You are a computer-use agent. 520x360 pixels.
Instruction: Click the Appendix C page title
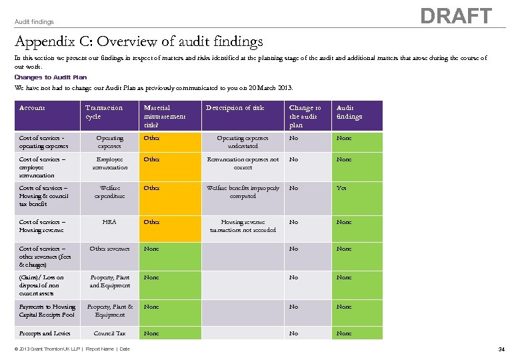click(139, 42)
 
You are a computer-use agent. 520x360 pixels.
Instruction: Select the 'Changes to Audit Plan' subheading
click(51, 77)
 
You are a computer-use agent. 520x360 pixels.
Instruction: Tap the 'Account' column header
click(32, 108)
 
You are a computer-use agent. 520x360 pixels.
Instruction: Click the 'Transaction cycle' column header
click(104, 112)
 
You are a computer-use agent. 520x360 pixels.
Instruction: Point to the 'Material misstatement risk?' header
click(165, 116)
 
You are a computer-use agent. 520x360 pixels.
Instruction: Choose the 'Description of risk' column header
click(235, 108)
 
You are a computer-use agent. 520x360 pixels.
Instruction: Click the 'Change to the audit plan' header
click(305, 116)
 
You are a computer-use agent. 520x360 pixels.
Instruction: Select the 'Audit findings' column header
click(349, 112)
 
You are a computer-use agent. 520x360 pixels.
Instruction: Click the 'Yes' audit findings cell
click(341, 188)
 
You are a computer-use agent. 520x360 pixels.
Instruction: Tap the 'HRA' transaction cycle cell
click(109, 222)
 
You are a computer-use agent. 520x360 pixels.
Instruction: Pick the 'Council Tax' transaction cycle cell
click(109, 333)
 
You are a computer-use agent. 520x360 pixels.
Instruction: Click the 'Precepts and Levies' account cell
click(45, 333)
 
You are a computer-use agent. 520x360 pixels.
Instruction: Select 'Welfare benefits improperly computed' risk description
click(243, 192)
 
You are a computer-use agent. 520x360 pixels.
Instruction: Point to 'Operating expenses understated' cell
click(243, 142)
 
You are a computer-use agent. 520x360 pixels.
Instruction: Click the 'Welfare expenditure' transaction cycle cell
click(109, 192)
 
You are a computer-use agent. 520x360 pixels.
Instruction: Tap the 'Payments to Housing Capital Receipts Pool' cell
click(47, 311)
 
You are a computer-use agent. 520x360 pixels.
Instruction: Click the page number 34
click(501, 349)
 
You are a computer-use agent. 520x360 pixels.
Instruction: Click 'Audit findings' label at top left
click(34, 22)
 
